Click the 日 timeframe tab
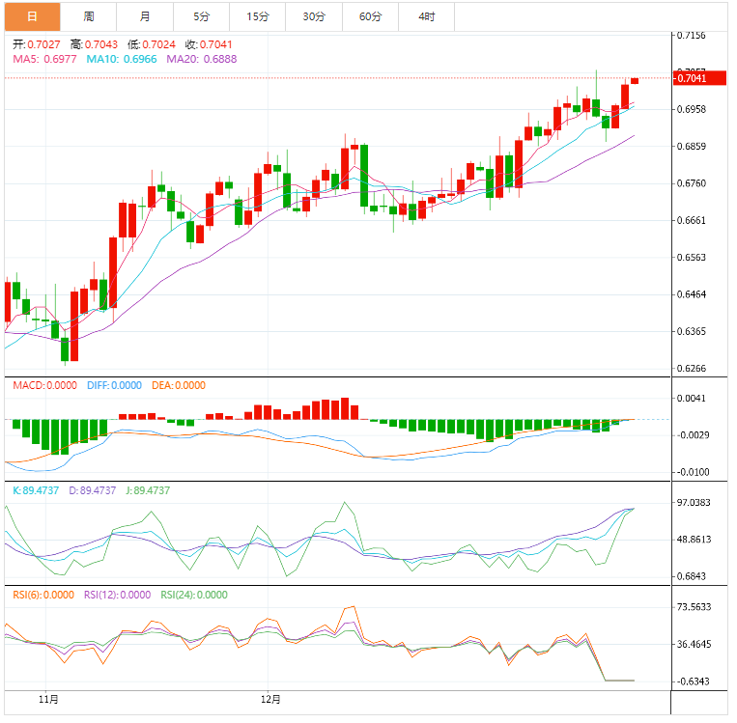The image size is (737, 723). coord(32,16)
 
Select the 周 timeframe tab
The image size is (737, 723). coord(89,16)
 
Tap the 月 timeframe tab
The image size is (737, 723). coord(145,16)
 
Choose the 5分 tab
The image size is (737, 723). coord(201,16)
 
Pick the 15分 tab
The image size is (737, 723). coord(258,16)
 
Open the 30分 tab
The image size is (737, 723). coord(314,16)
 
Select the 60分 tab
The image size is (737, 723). coord(370,16)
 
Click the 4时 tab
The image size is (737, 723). coord(426,16)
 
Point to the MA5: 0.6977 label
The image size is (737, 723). coord(46,59)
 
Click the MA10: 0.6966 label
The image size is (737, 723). coord(123,59)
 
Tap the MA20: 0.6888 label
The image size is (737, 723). coord(202,59)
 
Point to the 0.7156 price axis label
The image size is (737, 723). coord(692,36)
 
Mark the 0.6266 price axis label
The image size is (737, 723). coord(692,369)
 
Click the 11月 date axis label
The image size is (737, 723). coord(48,698)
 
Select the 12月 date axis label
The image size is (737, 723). coord(271,698)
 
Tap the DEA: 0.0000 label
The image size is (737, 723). coord(179,385)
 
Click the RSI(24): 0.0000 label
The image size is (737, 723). coord(194,595)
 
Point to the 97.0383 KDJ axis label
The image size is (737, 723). coord(695,503)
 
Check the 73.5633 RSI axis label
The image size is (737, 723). coord(695,607)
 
